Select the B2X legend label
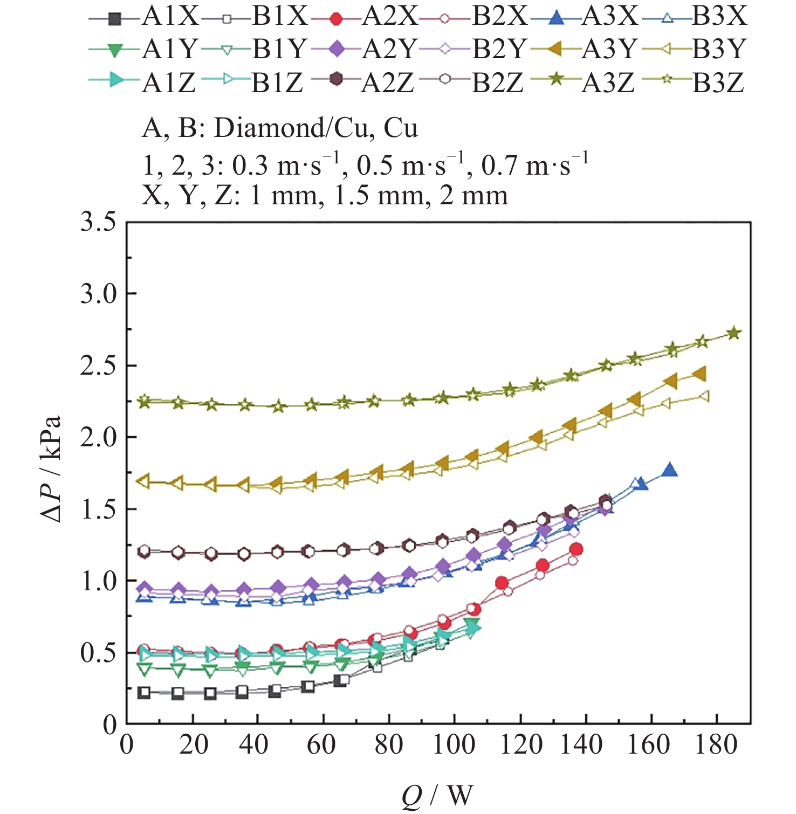(x=499, y=17)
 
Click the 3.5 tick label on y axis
(x=99, y=222)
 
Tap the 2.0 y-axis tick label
(x=99, y=437)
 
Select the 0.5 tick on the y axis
(x=99, y=653)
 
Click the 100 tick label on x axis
(x=454, y=745)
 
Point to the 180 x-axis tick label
(x=716, y=745)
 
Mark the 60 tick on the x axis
(x=322, y=745)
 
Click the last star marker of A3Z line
(x=734, y=333)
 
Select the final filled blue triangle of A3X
(x=670, y=470)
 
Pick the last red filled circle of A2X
(x=576, y=549)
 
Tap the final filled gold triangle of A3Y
(x=699, y=374)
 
